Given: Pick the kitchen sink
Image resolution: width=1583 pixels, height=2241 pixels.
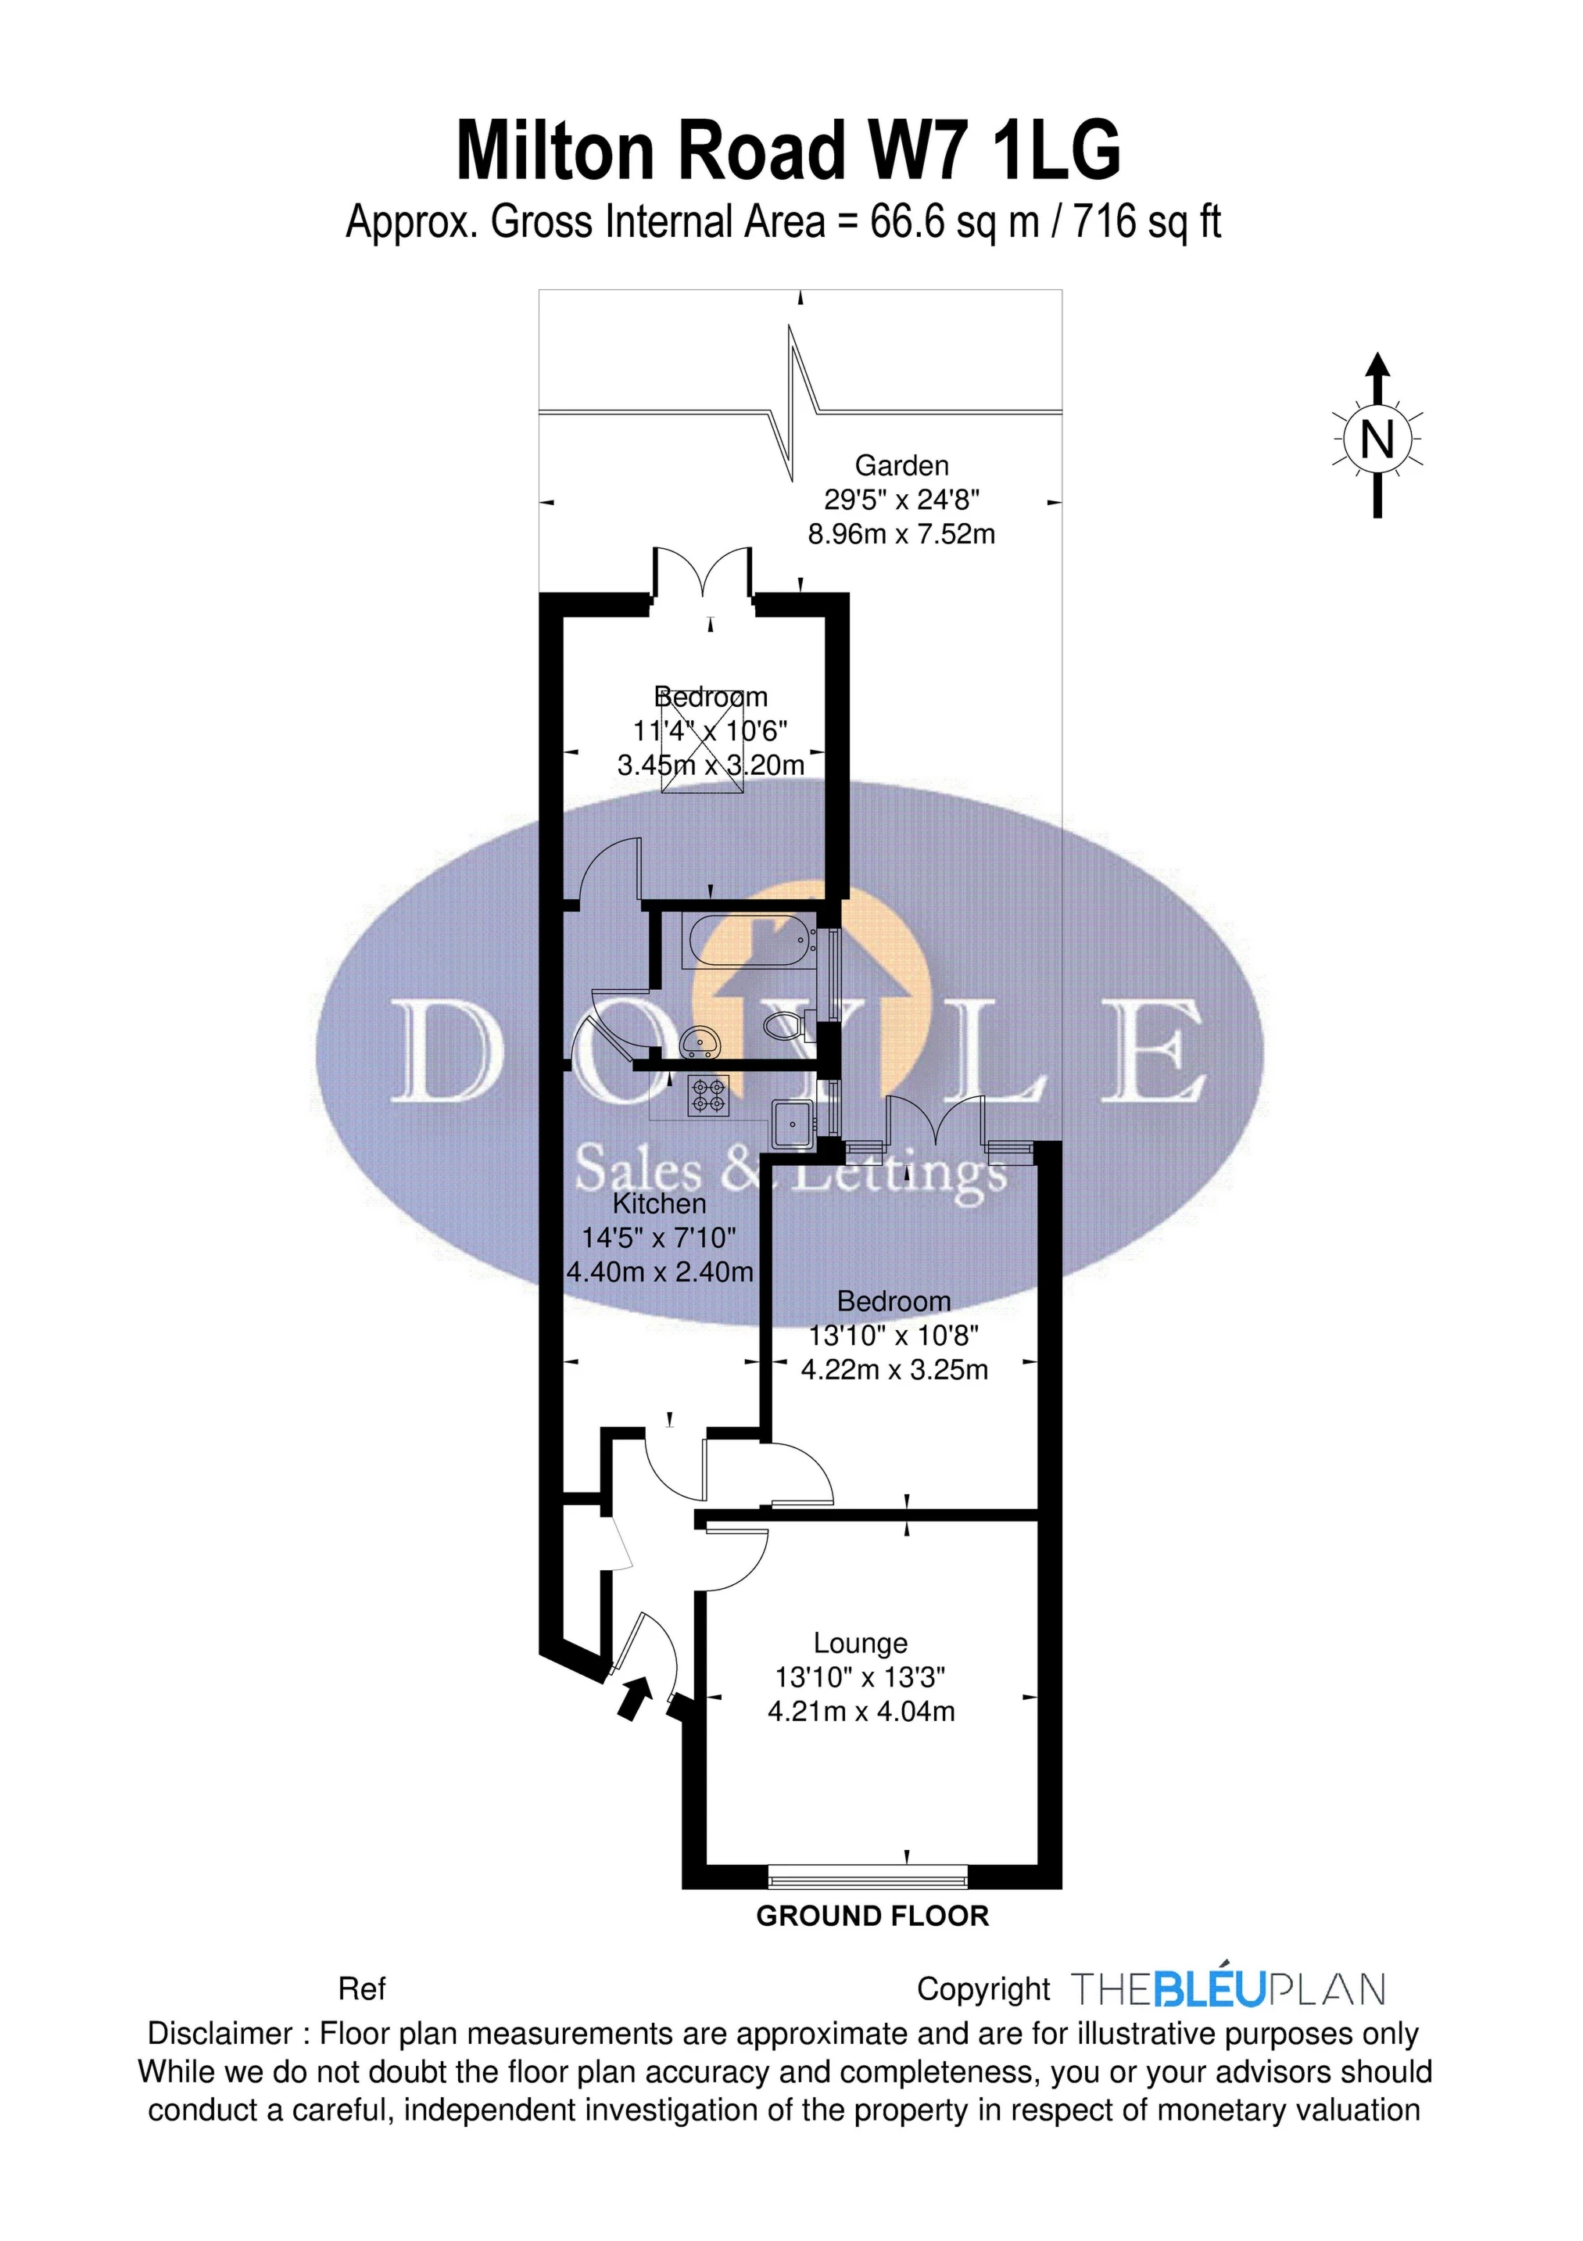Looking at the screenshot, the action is click(793, 1124).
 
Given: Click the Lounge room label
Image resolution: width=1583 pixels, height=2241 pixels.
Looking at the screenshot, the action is click(860, 1644).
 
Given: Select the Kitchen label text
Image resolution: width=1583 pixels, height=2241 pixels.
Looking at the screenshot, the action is click(659, 1203).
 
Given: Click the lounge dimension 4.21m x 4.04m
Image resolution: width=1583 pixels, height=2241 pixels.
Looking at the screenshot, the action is click(861, 1711).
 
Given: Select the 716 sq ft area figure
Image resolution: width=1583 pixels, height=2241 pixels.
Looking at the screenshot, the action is click(1147, 223).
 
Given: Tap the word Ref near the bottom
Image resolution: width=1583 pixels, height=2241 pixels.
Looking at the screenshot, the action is click(361, 1988).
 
